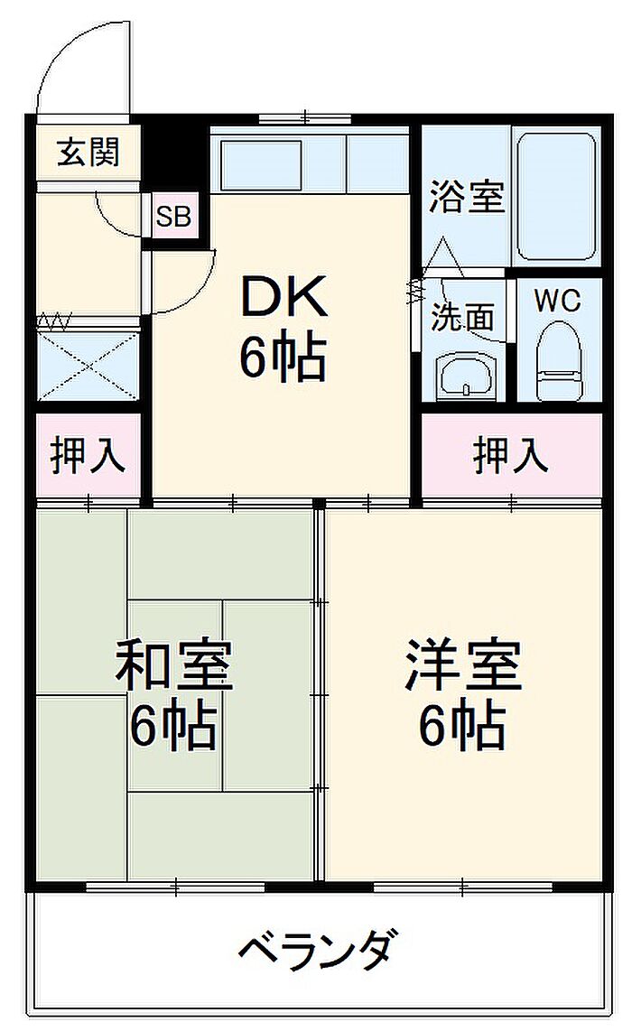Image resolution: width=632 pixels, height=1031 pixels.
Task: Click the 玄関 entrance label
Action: (88, 153)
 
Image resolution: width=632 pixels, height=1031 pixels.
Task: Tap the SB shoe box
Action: (173, 216)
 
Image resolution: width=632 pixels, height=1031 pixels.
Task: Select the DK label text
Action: (283, 297)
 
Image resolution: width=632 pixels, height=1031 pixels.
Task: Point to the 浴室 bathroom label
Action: (466, 196)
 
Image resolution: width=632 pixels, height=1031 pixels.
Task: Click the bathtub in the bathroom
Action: (556, 197)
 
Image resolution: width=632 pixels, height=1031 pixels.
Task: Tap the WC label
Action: (558, 301)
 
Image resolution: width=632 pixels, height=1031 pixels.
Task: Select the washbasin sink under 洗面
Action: (466, 378)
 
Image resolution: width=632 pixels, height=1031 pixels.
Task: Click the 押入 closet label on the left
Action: (88, 455)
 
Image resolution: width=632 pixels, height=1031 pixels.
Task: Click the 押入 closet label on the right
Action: (510, 455)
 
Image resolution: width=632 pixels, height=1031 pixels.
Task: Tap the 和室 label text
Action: (173, 666)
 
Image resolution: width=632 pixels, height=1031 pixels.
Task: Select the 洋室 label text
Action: (463, 665)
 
